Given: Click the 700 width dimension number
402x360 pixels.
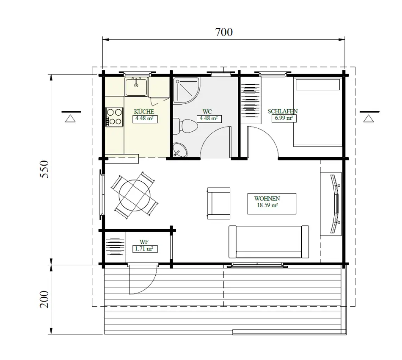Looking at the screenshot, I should [224, 32].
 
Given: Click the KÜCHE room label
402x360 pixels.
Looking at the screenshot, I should [144, 111].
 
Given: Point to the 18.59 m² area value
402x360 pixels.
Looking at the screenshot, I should [267, 205].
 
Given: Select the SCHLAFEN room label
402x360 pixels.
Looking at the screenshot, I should [283, 111].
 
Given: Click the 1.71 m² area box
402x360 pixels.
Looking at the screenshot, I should [144, 249].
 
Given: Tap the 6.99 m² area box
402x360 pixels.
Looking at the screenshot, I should [284, 119].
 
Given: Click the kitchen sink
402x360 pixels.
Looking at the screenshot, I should [136, 87].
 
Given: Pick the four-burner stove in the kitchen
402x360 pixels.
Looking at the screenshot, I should [115, 117].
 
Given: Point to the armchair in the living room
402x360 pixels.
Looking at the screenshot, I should [218, 203].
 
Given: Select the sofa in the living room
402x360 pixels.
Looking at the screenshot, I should [269, 242].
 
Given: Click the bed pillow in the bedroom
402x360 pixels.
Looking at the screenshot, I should [318, 85].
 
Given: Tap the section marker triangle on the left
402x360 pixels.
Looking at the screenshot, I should [71, 118].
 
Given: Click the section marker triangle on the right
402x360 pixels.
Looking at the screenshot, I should [369, 118].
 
